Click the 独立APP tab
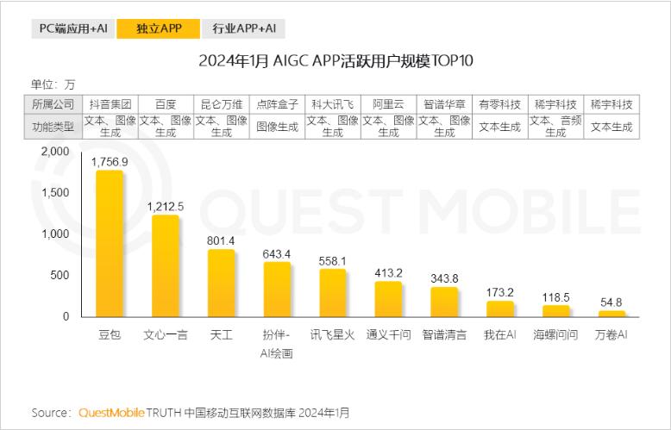[159, 28]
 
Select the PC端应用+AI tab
[73, 28]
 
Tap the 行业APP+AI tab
[244, 28]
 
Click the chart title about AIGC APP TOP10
[335, 61]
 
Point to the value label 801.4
[221, 240]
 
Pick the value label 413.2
[388, 272]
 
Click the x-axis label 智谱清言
[444, 334]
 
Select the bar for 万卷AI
[611, 314]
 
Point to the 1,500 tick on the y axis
[54, 192]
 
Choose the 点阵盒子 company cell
[277, 104]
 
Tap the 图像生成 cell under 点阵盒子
[277, 127]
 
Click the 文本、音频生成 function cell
[555, 127]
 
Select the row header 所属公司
[53, 104]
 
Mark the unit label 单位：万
[53, 84]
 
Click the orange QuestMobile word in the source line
[112, 413]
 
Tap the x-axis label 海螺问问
[555, 334]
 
